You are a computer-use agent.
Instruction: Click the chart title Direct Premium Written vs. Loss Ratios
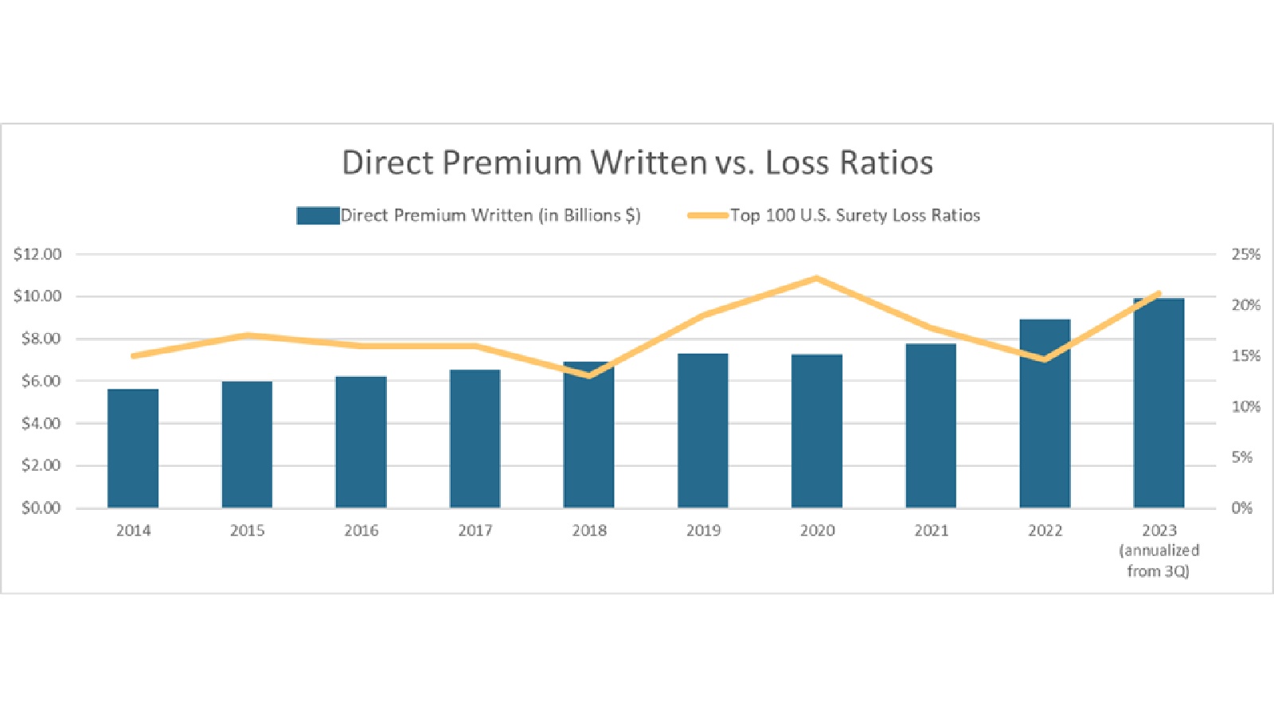[x=637, y=163]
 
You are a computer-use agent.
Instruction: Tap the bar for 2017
[x=475, y=439]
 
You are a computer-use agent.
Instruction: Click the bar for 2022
[x=1045, y=413]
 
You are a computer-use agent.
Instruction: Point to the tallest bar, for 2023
[x=1159, y=403]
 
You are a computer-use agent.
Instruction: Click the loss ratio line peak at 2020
[x=817, y=279]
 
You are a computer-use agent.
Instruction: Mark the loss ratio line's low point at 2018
[x=589, y=374]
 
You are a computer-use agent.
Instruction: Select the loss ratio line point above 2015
[x=248, y=335]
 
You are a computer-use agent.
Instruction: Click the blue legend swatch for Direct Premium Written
[x=318, y=216]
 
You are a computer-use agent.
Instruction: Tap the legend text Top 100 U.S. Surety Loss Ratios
[x=855, y=216]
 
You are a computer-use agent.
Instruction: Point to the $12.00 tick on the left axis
[x=37, y=254]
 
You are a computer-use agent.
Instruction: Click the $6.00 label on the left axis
[x=41, y=381]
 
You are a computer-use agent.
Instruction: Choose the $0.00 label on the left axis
[x=41, y=507]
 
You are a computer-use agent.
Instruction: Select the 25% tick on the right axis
[x=1245, y=254]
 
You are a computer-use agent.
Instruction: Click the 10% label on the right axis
[x=1245, y=406]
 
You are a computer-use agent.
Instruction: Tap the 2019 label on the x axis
[x=703, y=531]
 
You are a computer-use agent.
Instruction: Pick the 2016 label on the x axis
[x=361, y=531]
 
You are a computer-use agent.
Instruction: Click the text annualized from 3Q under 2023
[x=1159, y=561]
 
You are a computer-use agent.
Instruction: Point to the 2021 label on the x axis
[x=931, y=531]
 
